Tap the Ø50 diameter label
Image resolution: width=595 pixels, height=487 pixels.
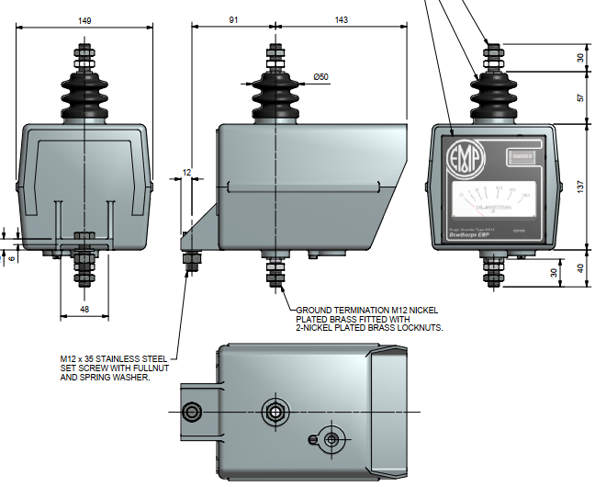click(320, 77)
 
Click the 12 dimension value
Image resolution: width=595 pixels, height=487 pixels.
click(187, 172)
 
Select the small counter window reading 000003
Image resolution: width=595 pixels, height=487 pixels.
click(522, 157)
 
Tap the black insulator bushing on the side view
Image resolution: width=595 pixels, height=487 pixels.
click(275, 92)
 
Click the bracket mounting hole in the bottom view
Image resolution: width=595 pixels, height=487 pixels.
click(192, 411)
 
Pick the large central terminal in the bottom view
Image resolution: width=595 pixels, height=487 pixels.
click(275, 411)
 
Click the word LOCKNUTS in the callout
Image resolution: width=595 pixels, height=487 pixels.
click(419, 327)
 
